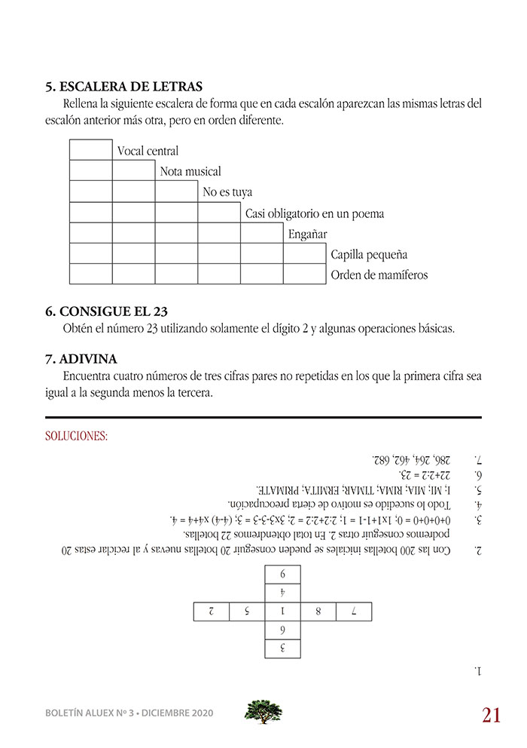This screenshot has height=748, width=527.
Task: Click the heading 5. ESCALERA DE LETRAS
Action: click(x=124, y=86)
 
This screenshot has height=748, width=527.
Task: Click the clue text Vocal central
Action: click(x=148, y=152)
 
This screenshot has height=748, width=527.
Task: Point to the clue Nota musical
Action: click(x=190, y=172)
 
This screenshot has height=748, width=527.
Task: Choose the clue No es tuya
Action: click(x=227, y=192)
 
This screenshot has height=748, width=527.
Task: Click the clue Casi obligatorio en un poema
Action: click(x=315, y=213)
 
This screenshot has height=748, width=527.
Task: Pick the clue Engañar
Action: click(x=308, y=234)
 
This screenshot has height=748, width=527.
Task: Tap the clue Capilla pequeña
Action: click(x=369, y=254)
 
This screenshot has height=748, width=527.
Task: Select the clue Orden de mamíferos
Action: click(x=379, y=274)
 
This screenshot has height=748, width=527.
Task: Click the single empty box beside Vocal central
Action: click(x=90, y=151)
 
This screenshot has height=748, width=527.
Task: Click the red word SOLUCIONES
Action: click(x=77, y=436)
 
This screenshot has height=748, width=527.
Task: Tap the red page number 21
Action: click(x=491, y=715)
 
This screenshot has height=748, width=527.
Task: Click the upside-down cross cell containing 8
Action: click(x=318, y=612)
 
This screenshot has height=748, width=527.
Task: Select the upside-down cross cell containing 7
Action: click(x=354, y=612)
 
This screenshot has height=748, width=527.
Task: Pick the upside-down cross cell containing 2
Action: click(x=212, y=612)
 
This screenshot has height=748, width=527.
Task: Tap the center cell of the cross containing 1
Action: click(x=282, y=612)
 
